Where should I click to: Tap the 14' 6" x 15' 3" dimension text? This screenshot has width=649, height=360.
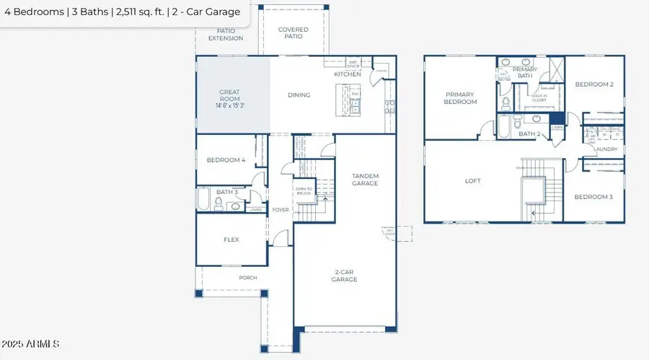pyautogui.click(x=233, y=105)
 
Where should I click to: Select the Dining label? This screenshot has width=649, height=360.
pyautogui.click(x=299, y=95)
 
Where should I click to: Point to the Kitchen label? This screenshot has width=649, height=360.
pyautogui.click(x=347, y=74)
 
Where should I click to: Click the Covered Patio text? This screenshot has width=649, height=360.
pyautogui.click(x=293, y=33)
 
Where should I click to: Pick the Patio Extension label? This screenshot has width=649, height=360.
pyautogui.click(x=226, y=35)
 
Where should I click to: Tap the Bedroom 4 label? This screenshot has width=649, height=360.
pyautogui.click(x=226, y=160)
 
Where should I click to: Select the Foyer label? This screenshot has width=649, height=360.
pyautogui.click(x=280, y=210)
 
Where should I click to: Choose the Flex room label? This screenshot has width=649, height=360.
pyautogui.click(x=231, y=240)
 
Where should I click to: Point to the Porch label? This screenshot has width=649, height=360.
pyautogui.click(x=247, y=277)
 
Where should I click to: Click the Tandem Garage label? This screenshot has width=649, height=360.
pyautogui.click(x=365, y=180)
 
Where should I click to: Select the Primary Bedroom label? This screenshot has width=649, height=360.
pyautogui.click(x=461, y=98)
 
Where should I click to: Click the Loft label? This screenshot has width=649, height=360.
pyautogui.click(x=472, y=181)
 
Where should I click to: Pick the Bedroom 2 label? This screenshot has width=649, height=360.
pyautogui.click(x=594, y=84)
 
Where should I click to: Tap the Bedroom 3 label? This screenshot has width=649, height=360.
pyautogui.click(x=593, y=197)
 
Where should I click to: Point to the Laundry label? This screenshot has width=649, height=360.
pyautogui.click(x=606, y=149)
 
